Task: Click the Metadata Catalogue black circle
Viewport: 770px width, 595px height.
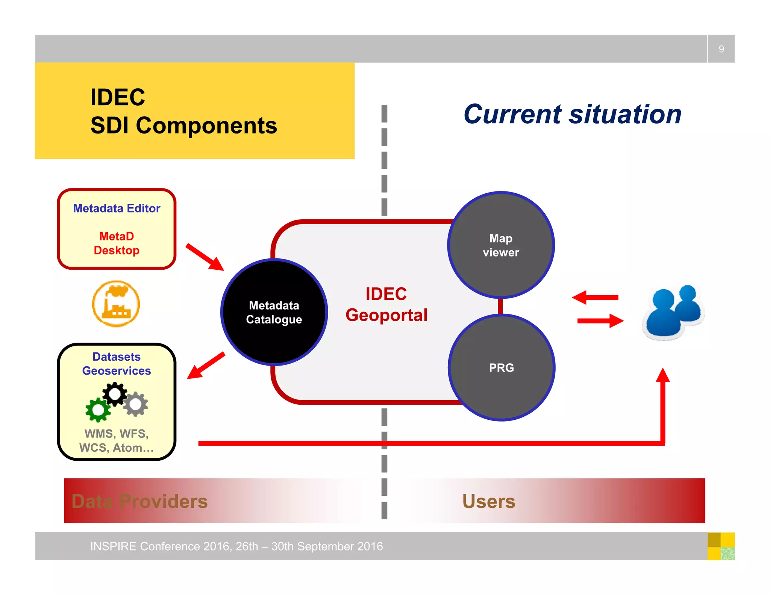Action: point(274,312)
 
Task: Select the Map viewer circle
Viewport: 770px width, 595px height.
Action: point(501,245)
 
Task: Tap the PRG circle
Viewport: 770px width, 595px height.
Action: point(501,367)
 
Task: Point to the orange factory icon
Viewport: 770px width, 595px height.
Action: point(116,304)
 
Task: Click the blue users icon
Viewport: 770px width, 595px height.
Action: point(673,312)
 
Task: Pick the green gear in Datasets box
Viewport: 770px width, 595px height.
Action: point(98,410)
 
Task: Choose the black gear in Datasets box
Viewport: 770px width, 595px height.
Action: point(115,394)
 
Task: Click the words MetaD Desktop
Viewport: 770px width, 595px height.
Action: point(117,243)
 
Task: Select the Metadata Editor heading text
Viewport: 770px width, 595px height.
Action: point(117,208)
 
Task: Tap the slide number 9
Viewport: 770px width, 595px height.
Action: point(721,49)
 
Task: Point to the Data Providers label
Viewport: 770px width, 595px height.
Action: point(139,501)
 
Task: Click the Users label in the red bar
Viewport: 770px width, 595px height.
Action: point(489,501)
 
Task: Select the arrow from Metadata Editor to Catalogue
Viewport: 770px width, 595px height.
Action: point(205,257)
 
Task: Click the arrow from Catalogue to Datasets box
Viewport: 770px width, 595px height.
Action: point(206,366)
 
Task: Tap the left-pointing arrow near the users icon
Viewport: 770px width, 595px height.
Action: point(595,297)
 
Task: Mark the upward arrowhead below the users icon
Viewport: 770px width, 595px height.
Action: point(663,376)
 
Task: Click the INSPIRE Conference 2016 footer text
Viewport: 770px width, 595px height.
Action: point(236,546)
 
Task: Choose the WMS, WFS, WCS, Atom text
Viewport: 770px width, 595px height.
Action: point(117,440)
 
